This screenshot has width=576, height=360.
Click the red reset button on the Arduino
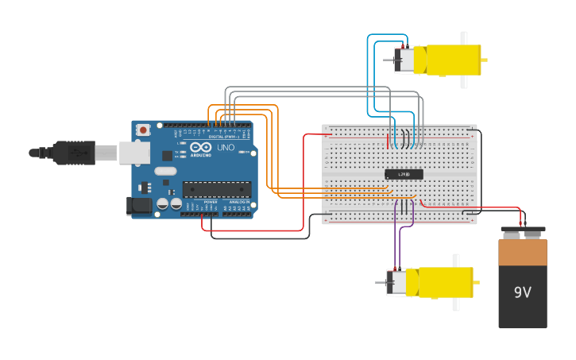pyautogui.click(x=143, y=130)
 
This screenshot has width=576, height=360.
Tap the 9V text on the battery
pyautogui.click(x=522, y=292)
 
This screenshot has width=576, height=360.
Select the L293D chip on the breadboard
pyautogui.click(x=404, y=174)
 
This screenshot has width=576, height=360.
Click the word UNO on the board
pyautogui.click(x=226, y=147)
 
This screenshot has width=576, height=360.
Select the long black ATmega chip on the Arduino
pyautogui.click(x=217, y=189)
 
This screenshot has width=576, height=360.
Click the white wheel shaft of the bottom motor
pyautogui.click(x=456, y=282)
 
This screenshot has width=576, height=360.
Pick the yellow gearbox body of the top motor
pyautogui.click(x=449, y=60)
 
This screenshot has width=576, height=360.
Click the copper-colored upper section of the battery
pyautogui.click(x=523, y=253)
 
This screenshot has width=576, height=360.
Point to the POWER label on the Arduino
pyautogui.click(x=211, y=202)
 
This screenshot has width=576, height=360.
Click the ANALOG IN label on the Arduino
pyautogui.click(x=238, y=202)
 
